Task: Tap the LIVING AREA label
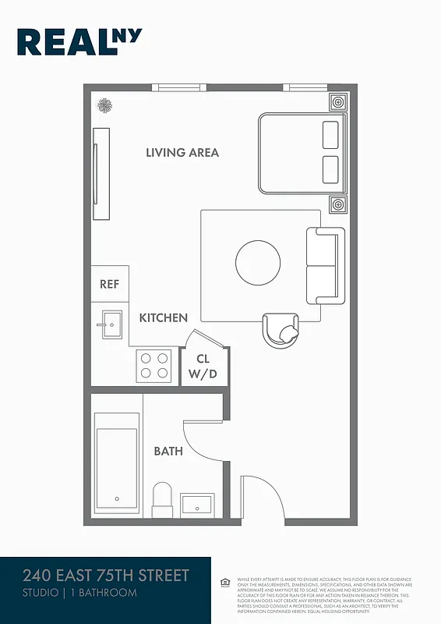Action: pos(182,153)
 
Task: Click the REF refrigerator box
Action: pos(110,285)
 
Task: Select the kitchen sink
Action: pos(109,324)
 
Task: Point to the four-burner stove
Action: pos(154,365)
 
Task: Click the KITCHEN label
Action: pos(164,318)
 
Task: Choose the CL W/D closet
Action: pos(203,367)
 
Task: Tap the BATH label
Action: pos(168,452)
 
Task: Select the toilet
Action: pos(162,498)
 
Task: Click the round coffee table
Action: pos(259,263)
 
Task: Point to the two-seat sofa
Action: pos(325,267)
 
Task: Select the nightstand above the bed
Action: pos(337,102)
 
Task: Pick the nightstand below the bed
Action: pos(337,205)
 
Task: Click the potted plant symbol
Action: pos(103,105)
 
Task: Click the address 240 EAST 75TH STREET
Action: pos(106,576)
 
